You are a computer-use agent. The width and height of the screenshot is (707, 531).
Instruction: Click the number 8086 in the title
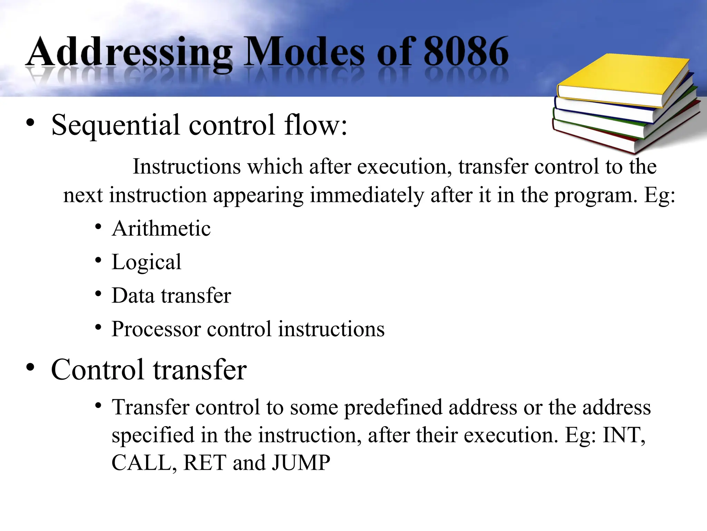466,52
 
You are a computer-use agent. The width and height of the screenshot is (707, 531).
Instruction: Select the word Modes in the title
304,52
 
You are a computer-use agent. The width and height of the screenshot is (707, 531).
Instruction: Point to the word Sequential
116,125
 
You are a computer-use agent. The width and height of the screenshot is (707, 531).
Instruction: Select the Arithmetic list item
161,229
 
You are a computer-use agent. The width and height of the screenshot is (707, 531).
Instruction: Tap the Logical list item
146,262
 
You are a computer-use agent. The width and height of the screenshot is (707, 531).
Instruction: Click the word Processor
156,329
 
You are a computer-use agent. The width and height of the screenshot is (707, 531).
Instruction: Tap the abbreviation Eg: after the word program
659,195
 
